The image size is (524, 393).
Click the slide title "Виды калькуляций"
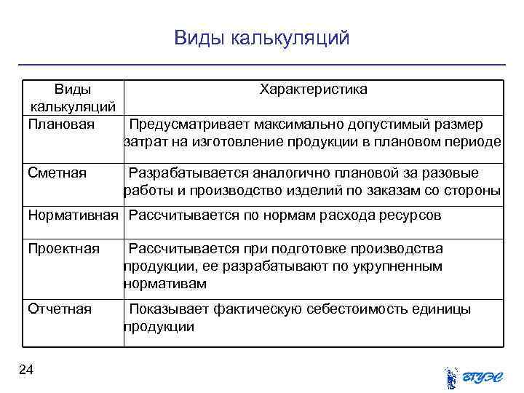[x=262, y=37]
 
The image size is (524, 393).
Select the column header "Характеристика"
[x=314, y=89]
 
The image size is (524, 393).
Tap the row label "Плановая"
[x=61, y=124]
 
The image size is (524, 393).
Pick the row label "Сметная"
[x=57, y=172]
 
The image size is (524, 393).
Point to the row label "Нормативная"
[x=73, y=215]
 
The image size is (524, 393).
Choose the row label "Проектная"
[x=63, y=249]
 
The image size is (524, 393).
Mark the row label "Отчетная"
[x=60, y=309]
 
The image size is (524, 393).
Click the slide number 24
[x=27, y=371]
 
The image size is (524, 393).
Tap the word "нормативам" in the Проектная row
[x=165, y=283]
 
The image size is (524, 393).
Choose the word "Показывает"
[x=168, y=309]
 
